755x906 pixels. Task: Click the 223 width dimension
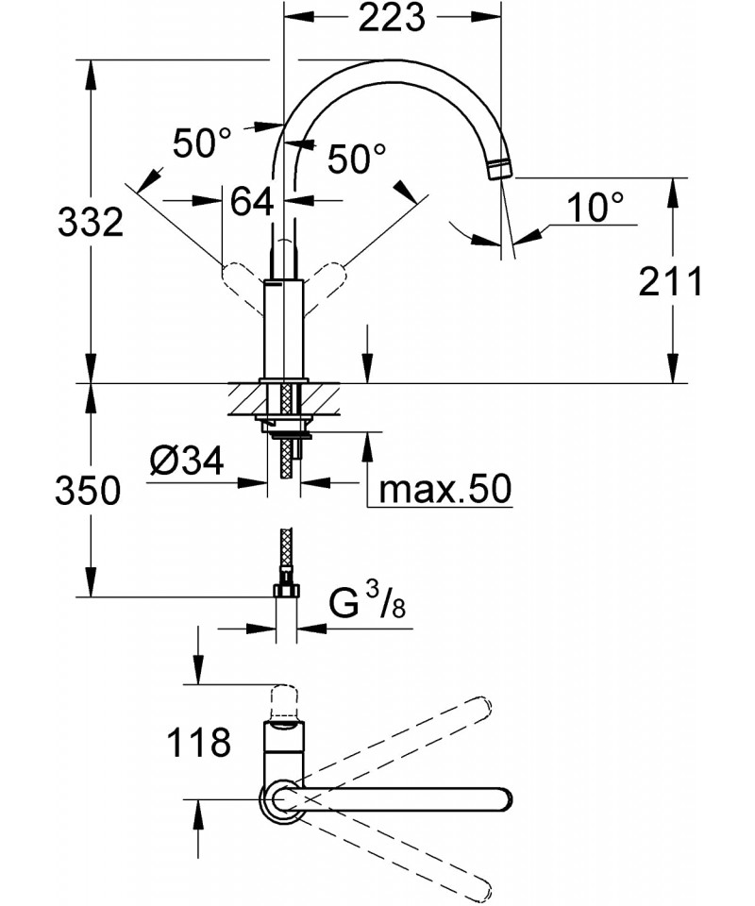393,18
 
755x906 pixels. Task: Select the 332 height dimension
91,223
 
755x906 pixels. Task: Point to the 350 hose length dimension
91,491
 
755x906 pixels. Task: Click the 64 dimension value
251,200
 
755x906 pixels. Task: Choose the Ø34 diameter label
186,461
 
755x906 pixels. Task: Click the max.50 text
444,489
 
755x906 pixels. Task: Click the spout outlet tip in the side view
499,170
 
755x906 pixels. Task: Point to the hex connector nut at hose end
284,592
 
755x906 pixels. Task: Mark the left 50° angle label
201,143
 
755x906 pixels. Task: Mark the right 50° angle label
357,158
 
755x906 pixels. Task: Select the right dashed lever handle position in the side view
326,277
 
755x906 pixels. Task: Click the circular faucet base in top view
280,799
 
